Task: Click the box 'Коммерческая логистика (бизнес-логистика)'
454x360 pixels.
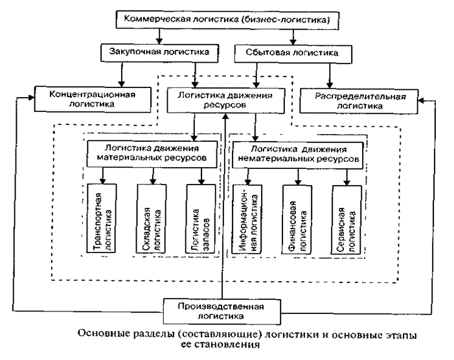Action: pos(227,20)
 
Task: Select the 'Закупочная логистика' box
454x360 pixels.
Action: pos(159,53)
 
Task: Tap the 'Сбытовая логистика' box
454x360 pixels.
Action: pos(293,54)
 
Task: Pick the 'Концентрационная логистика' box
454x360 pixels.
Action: pos(93,99)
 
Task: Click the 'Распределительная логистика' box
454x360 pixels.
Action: pos(359,101)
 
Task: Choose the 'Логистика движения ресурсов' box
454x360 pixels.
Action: pos(226,100)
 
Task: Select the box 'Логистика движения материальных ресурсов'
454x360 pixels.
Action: pos(152,154)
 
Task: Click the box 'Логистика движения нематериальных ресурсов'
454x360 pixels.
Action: pos(298,155)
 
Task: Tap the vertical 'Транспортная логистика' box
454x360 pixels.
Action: pos(102,218)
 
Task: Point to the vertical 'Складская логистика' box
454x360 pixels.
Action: pos(152,219)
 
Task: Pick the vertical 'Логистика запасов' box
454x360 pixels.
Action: pos(201,219)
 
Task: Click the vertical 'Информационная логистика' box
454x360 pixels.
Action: pos(247,219)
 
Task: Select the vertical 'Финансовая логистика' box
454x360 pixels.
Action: pos(297,220)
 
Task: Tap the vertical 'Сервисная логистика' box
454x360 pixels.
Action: pos(347,220)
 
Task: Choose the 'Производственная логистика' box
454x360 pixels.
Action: pos(221,311)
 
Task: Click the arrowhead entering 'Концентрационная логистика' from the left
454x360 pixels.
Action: pos(31,98)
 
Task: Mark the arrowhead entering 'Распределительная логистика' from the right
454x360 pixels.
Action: pos(422,100)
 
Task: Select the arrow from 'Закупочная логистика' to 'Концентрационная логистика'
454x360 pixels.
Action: pos(122,74)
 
